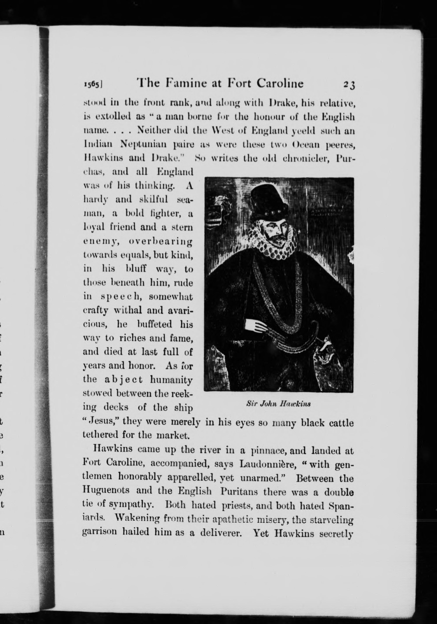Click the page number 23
(349, 85)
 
